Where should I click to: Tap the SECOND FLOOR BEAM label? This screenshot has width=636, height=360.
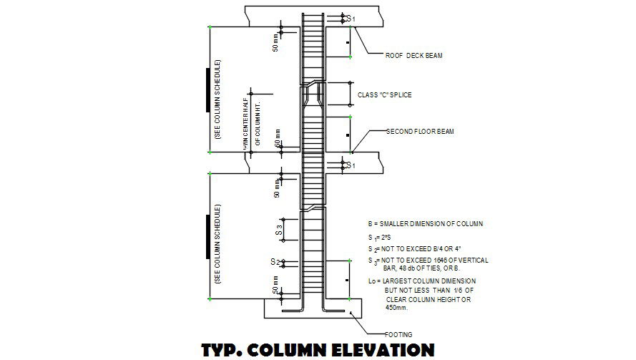tap(420, 132)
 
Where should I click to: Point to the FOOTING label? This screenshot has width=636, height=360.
tap(398, 334)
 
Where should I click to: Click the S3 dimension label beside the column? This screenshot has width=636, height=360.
tap(280, 230)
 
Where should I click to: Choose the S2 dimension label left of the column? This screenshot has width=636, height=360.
tap(275, 262)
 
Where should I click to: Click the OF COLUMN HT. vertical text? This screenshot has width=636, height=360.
tap(258, 121)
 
